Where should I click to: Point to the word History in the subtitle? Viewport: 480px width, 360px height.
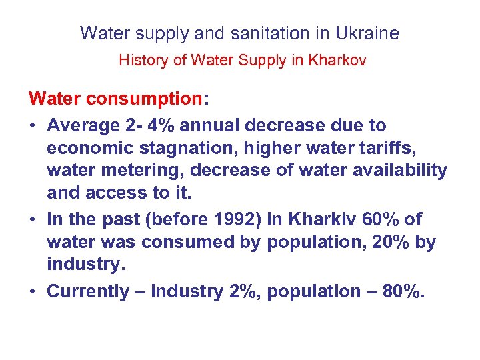[142, 60]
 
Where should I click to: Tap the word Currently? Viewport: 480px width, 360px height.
[87, 291]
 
